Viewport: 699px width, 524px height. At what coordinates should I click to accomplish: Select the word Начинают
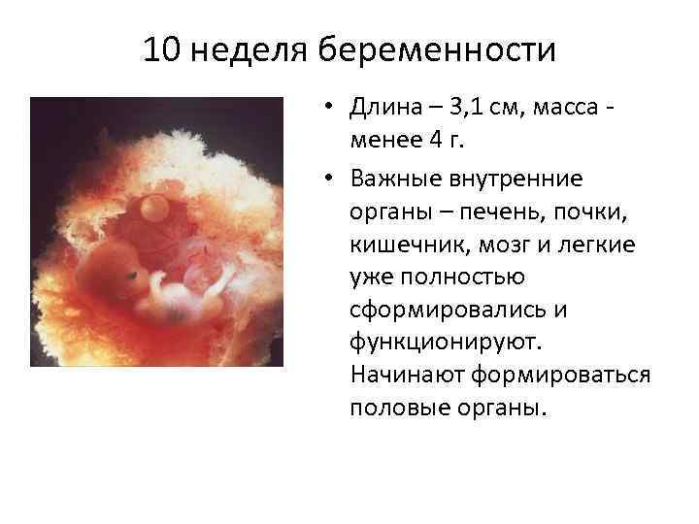399,375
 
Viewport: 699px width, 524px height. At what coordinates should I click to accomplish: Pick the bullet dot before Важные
331,177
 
